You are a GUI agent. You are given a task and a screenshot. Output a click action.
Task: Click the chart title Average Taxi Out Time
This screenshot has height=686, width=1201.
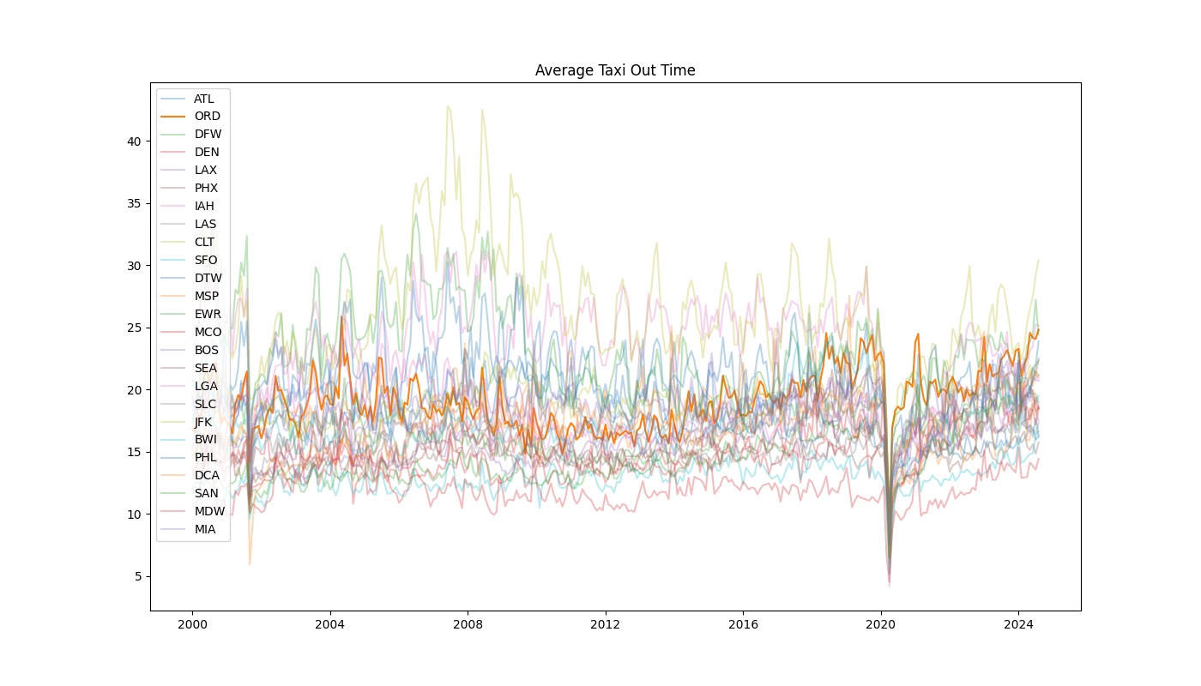tap(615, 70)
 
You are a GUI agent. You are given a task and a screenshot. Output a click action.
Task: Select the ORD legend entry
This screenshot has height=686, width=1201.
tap(207, 116)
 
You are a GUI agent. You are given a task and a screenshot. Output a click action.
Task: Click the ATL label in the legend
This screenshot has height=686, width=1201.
tap(204, 99)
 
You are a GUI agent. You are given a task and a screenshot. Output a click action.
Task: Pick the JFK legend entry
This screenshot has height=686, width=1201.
tap(203, 422)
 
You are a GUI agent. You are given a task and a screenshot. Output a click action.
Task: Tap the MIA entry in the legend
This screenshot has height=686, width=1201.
tap(205, 529)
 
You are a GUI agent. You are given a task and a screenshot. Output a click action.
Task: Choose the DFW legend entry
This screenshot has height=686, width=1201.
tap(208, 134)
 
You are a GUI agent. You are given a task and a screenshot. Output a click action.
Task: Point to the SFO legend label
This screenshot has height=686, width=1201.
tap(206, 260)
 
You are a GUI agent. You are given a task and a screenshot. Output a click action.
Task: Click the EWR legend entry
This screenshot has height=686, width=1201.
tap(208, 314)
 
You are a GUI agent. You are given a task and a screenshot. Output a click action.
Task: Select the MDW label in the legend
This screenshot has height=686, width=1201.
tap(208, 511)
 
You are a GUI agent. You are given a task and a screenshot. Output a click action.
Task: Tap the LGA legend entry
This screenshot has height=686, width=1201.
tap(206, 386)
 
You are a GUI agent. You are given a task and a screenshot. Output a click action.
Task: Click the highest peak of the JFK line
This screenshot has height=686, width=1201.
tap(447, 106)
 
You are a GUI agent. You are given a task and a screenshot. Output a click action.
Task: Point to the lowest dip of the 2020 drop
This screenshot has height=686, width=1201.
tap(889, 585)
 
